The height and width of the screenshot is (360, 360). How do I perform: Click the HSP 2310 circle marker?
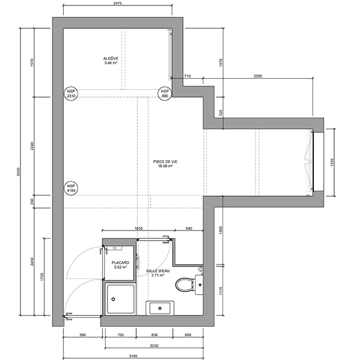[x=71, y=93]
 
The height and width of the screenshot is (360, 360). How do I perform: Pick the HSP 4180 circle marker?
[x=71, y=188]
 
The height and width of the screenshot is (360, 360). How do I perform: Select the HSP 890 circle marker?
[x=165, y=93]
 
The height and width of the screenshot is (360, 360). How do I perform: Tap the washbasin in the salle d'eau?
[x=160, y=309]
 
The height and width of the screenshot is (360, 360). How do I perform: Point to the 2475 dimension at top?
[x=118, y=4]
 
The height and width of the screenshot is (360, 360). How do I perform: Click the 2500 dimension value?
[x=258, y=76]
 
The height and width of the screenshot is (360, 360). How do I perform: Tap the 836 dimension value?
[x=155, y=335]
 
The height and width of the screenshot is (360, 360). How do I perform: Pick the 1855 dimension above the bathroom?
[x=138, y=229]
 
